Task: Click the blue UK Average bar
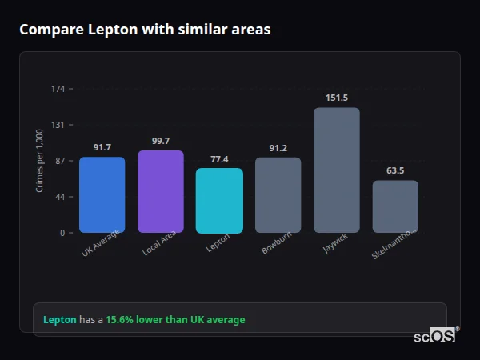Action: click(x=102, y=194)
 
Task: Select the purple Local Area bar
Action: click(x=160, y=191)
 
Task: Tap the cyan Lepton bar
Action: click(x=219, y=200)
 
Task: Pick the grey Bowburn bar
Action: click(x=278, y=194)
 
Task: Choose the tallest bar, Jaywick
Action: click(x=336, y=170)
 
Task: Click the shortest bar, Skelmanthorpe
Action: click(x=395, y=206)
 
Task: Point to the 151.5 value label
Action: click(x=337, y=98)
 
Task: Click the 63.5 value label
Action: click(x=395, y=170)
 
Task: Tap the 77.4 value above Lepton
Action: click(x=219, y=159)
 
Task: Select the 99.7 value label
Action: click(x=161, y=141)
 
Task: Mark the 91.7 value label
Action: click(x=102, y=147)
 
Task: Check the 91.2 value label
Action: click(x=278, y=148)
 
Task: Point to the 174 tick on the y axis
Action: click(x=58, y=89)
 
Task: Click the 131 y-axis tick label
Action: click(x=58, y=125)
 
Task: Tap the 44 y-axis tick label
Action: click(x=60, y=197)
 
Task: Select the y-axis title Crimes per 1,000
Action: click(x=40, y=161)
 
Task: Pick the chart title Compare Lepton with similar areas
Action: click(x=145, y=30)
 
